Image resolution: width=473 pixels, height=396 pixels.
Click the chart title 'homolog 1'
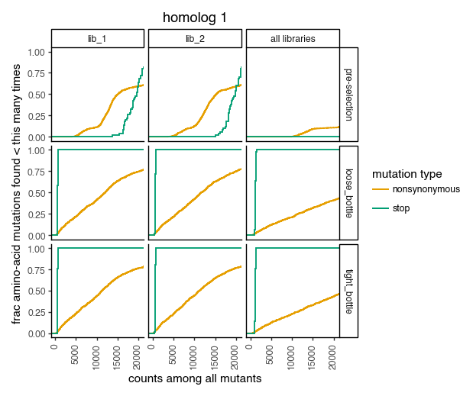[195, 18]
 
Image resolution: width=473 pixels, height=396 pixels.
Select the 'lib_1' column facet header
[98, 38]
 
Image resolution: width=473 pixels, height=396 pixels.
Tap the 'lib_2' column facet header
[194, 38]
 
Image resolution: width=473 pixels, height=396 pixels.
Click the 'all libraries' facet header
[292, 38]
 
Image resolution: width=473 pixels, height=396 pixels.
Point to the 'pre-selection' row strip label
[348, 94]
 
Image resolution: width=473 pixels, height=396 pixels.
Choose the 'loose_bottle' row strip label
[348, 192]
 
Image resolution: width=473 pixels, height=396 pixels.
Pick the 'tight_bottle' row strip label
[348, 291]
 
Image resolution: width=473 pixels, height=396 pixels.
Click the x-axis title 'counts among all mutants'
[195, 378]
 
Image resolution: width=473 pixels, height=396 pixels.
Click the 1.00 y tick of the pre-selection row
[36, 52]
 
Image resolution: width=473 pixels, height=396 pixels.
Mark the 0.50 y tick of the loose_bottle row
[36, 193]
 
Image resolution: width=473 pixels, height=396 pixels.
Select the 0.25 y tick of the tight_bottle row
[36, 313]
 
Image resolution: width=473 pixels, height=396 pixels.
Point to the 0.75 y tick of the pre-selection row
[36, 73]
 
